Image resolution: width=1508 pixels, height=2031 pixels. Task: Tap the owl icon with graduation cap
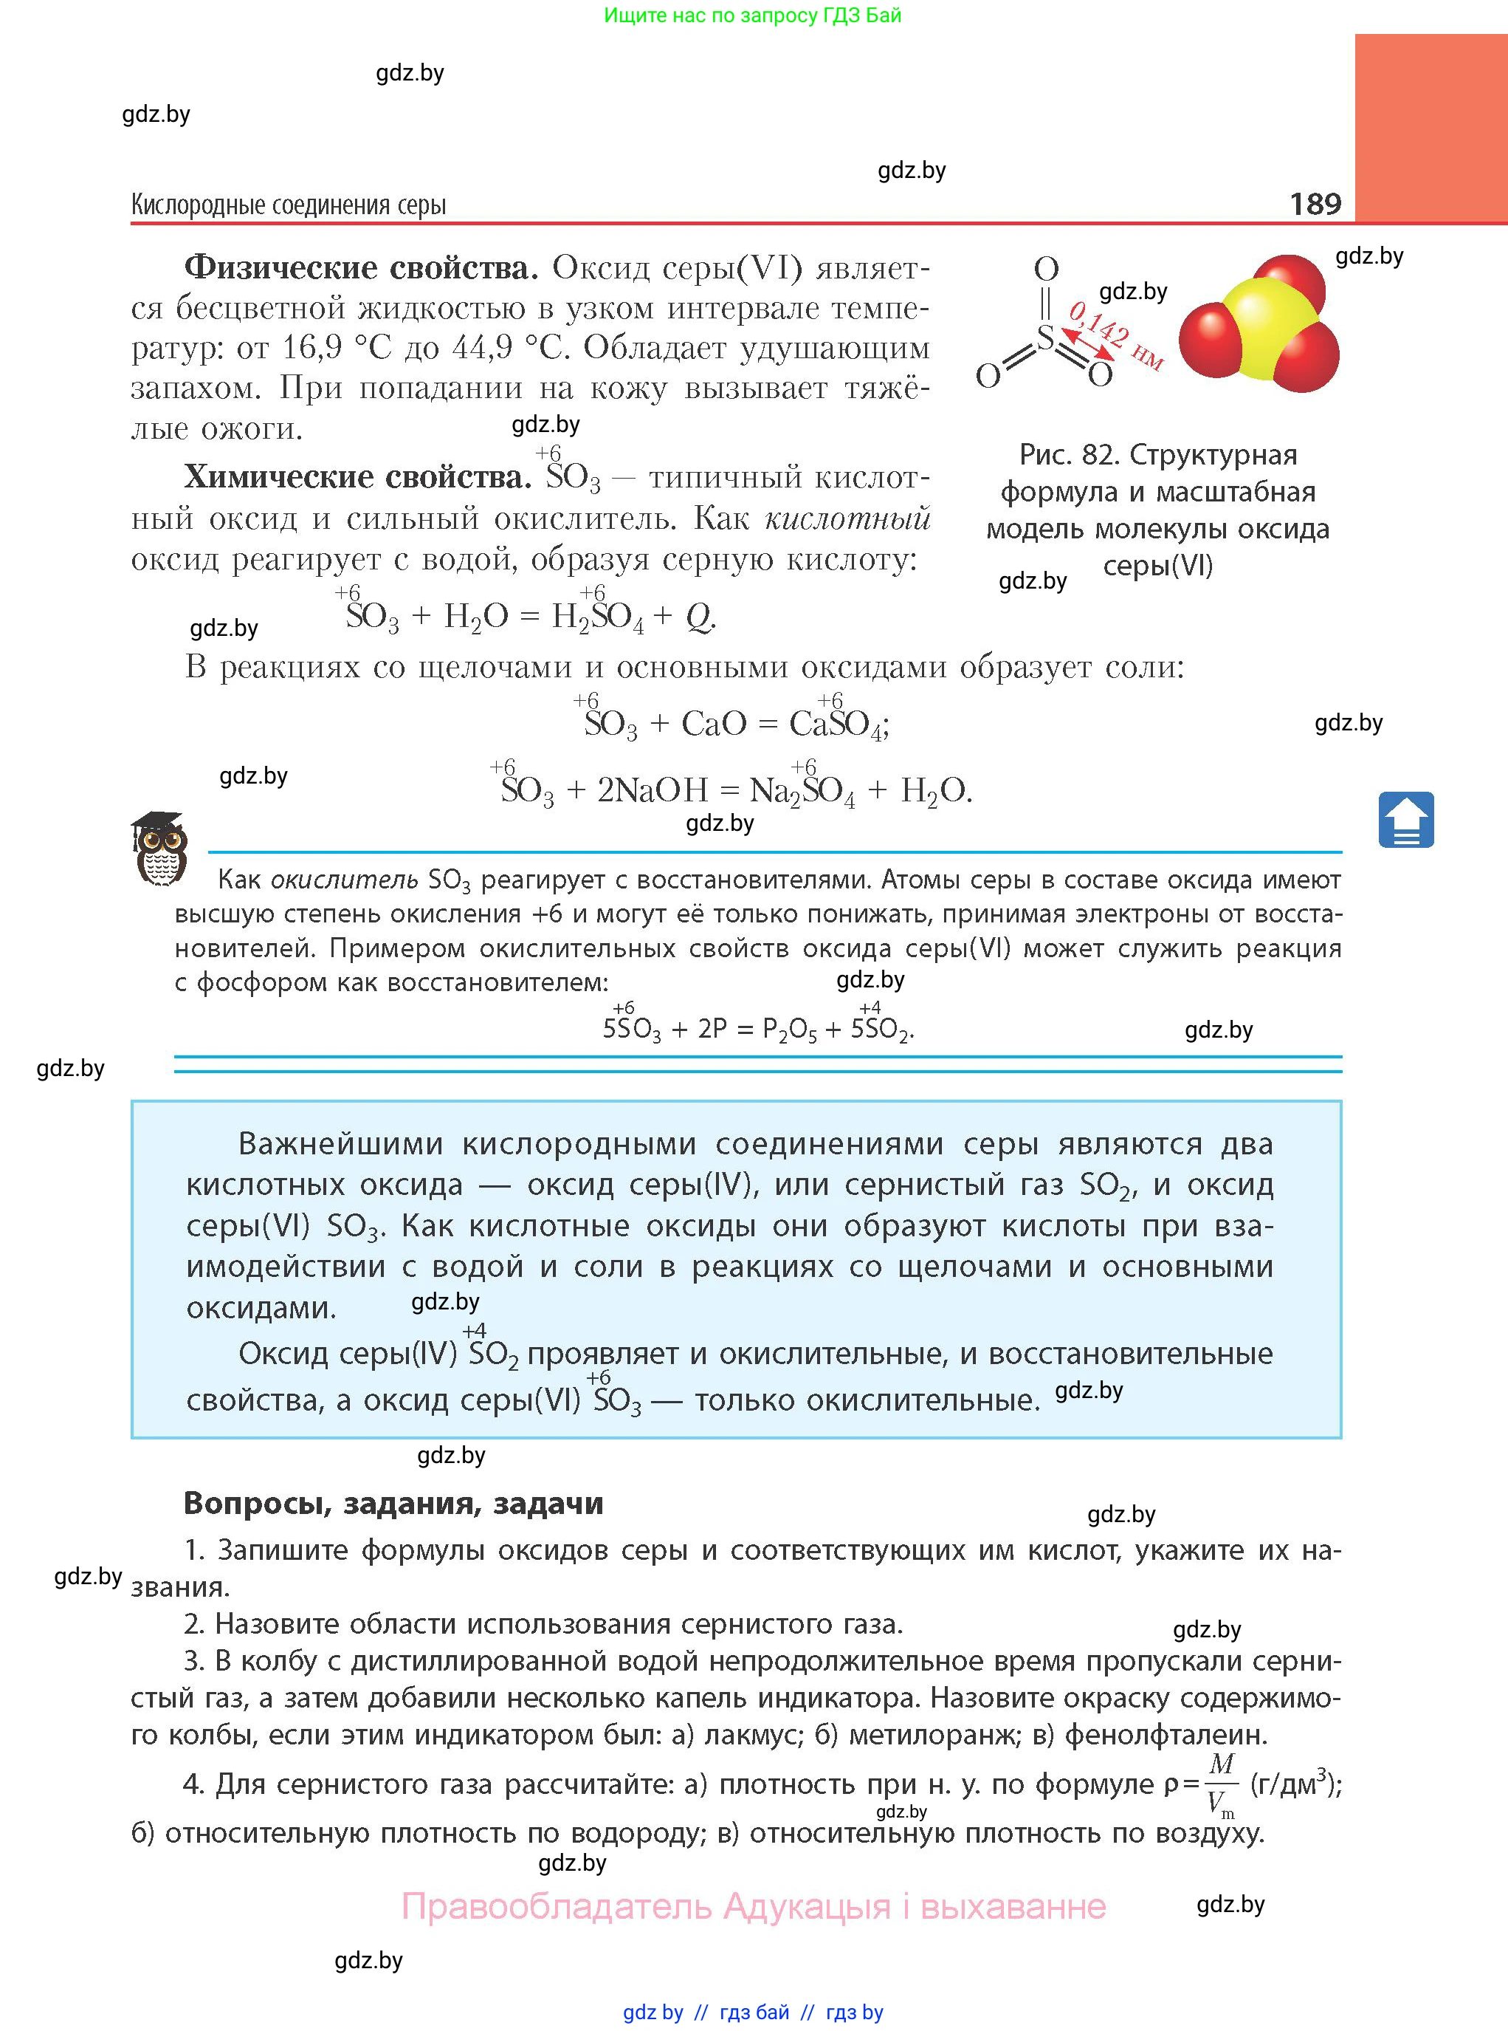[159, 849]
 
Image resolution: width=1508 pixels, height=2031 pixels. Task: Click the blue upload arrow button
[1405, 819]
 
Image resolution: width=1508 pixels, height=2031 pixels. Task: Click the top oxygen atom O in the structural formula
[1046, 269]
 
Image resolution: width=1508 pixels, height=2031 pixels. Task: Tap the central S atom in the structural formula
[1046, 338]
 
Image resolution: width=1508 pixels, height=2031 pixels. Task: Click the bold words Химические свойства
[358, 476]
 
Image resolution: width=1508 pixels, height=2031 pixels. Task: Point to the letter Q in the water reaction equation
[698, 617]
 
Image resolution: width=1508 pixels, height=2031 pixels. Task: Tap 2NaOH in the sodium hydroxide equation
[652, 790]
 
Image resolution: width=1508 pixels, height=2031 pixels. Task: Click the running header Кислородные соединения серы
[289, 205]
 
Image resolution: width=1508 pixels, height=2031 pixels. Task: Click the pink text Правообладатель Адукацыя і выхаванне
[754, 1907]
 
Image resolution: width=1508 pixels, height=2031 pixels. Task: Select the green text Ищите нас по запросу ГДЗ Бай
[752, 15]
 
